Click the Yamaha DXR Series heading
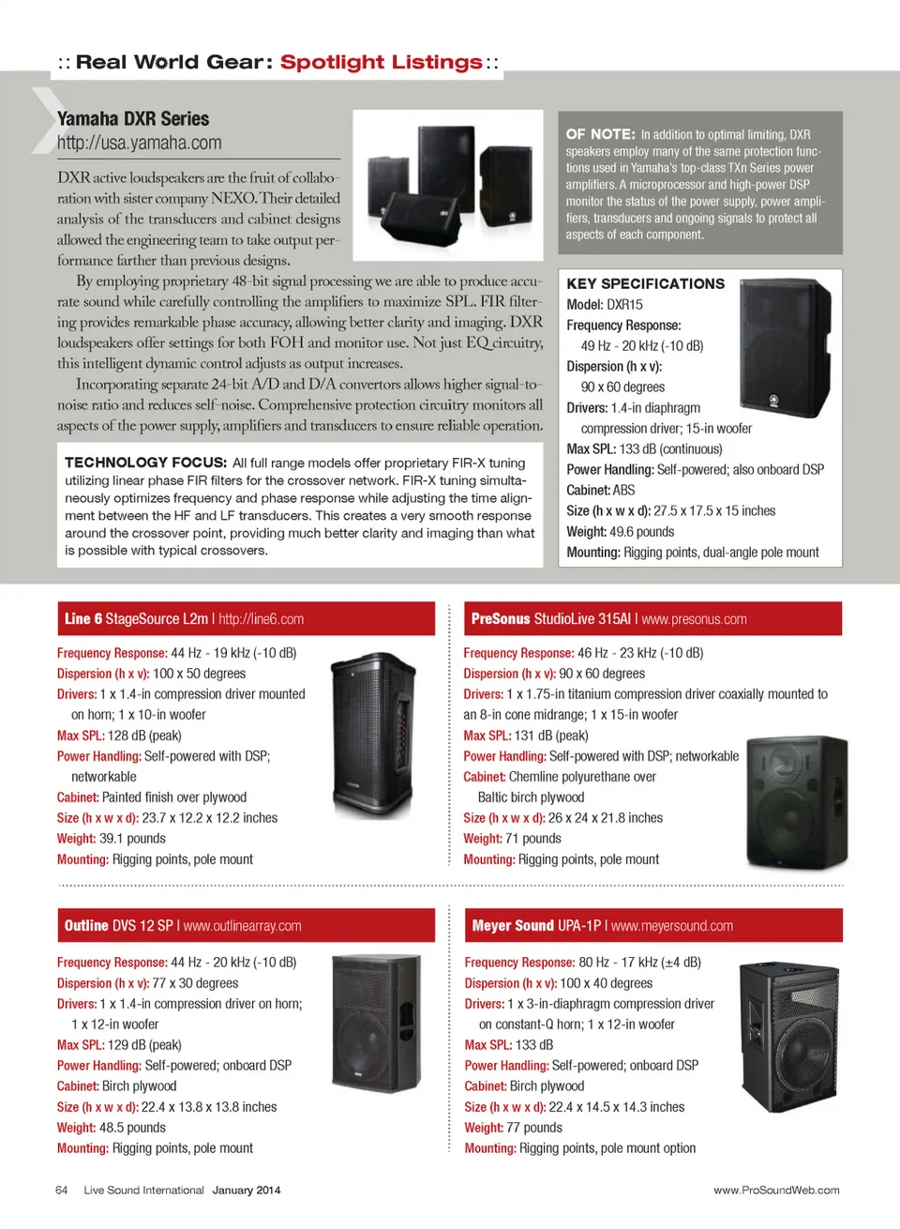point(133,119)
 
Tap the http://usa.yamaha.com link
point(139,144)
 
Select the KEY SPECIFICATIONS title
point(645,283)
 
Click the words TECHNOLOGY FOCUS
point(145,463)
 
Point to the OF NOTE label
point(600,134)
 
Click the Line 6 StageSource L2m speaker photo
point(374,736)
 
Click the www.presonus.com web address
point(694,619)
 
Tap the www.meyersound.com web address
point(672,926)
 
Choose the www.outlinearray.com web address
point(242,926)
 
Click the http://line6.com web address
point(261,619)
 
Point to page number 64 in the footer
point(62,1191)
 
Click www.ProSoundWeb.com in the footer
point(776,1191)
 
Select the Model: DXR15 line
point(605,305)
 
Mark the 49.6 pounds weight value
point(642,532)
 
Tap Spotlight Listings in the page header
point(381,63)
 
